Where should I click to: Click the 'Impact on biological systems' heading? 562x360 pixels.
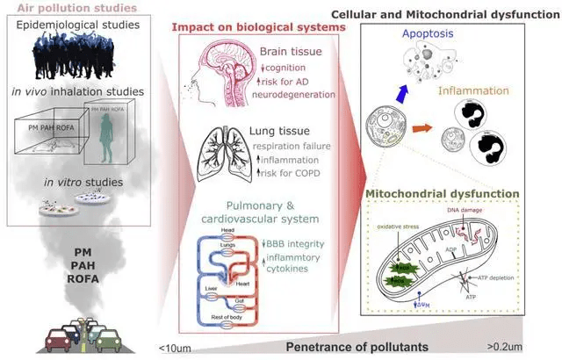pos(258,27)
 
